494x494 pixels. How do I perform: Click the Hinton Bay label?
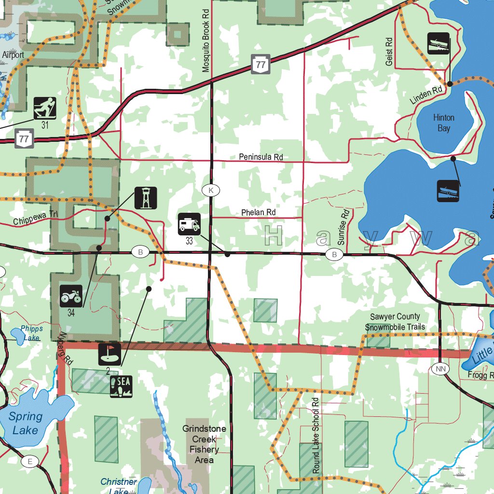pos(444,123)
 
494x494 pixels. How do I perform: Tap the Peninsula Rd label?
pos(261,157)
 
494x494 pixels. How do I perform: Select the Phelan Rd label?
pos(259,212)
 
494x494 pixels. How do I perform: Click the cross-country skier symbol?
pos(45,108)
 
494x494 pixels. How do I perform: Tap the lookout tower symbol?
pos(145,198)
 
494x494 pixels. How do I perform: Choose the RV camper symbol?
pos(189,224)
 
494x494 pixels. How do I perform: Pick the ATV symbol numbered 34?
pos(71,296)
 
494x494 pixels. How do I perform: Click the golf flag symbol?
pos(110,354)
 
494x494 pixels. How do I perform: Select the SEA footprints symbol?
pos(121,386)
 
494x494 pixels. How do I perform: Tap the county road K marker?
pos(211,191)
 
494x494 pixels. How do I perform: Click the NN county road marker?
pos(440,369)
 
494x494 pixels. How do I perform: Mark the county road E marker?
pos(29,462)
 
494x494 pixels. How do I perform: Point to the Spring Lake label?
pos(25,423)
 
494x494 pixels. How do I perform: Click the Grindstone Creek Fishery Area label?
pos(204,444)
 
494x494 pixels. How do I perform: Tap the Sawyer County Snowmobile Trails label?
pos(395,322)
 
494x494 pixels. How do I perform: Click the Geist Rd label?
pos(389,51)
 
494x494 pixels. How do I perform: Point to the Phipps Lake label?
pos(31,333)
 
